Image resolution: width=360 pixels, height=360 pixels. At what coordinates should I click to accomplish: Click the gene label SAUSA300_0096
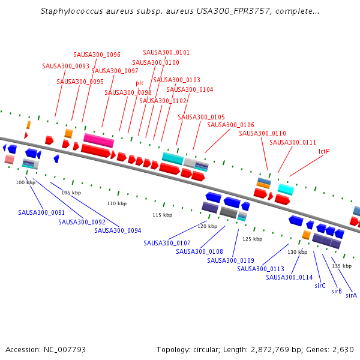(x=97, y=55)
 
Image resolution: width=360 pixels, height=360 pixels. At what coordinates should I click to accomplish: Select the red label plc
(x=140, y=83)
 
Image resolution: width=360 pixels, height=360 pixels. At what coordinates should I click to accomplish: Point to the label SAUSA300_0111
(x=293, y=142)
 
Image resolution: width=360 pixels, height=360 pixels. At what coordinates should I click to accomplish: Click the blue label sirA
(x=351, y=295)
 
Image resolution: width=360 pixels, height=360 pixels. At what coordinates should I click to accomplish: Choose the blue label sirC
(x=320, y=286)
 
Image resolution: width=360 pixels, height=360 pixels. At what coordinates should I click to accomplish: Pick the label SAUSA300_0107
(x=167, y=243)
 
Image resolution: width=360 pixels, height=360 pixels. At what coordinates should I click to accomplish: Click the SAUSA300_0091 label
(x=41, y=212)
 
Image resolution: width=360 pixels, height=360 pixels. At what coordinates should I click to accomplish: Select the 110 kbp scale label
(x=116, y=204)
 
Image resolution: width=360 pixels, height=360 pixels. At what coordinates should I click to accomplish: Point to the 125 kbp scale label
(x=252, y=239)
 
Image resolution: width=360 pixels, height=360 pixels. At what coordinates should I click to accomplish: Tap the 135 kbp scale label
(x=341, y=266)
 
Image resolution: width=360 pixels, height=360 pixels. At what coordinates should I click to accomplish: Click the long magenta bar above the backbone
(x=98, y=140)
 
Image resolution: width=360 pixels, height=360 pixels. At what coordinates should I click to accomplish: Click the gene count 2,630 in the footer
(x=343, y=349)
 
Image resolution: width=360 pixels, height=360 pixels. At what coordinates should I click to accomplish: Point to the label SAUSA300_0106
(x=230, y=125)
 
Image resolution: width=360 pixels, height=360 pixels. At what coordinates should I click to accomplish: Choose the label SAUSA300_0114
(x=289, y=277)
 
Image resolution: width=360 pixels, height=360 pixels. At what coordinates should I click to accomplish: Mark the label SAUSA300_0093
(x=65, y=66)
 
